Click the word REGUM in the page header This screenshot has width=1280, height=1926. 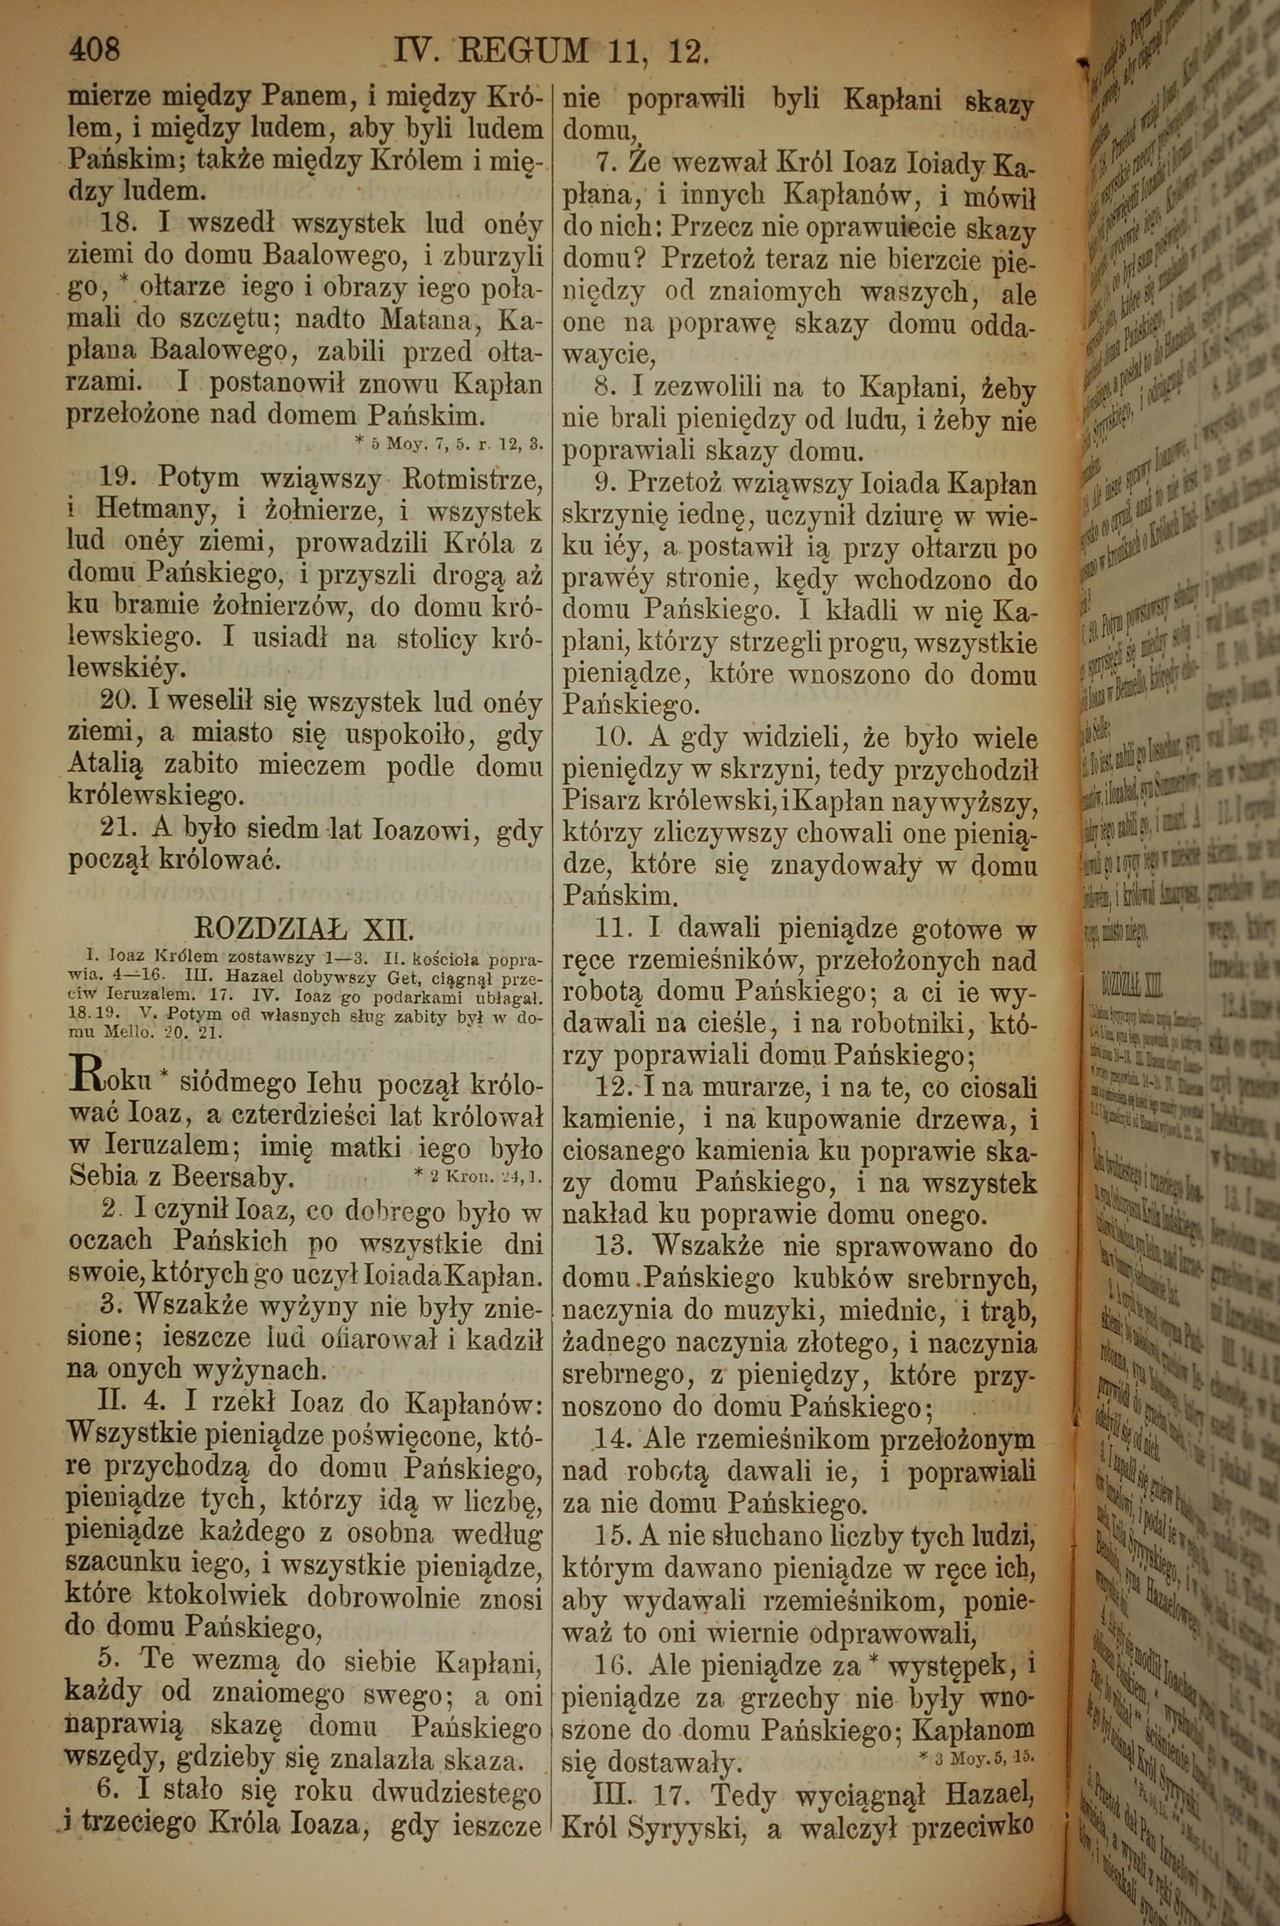(524, 53)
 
